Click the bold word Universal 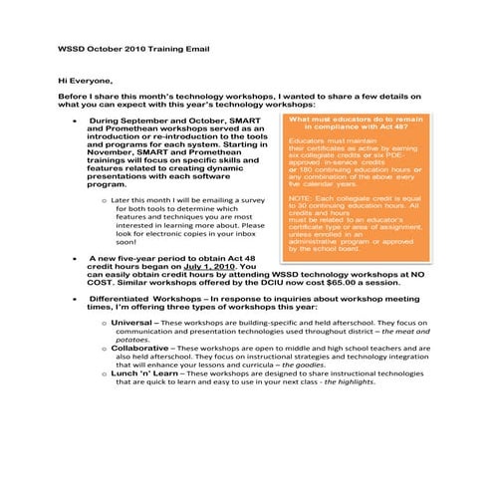pos(130,323)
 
